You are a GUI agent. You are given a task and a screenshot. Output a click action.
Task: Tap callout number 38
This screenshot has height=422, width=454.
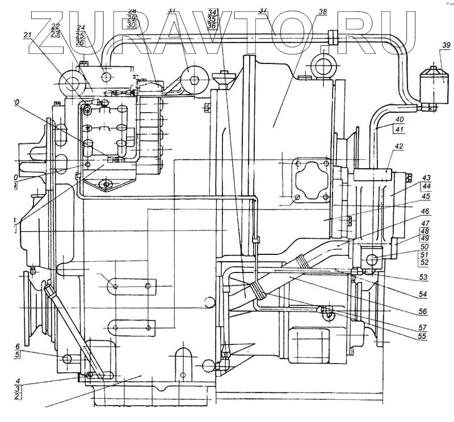[323, 12]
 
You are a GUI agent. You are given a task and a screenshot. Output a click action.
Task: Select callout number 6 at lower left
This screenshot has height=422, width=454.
[17, 347]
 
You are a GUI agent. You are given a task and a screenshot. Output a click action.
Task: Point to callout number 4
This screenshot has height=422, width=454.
[17, 381]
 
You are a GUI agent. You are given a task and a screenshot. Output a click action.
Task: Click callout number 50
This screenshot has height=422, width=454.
[423, 246]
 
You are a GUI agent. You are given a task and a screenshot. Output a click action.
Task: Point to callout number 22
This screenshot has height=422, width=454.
[55, 27]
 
